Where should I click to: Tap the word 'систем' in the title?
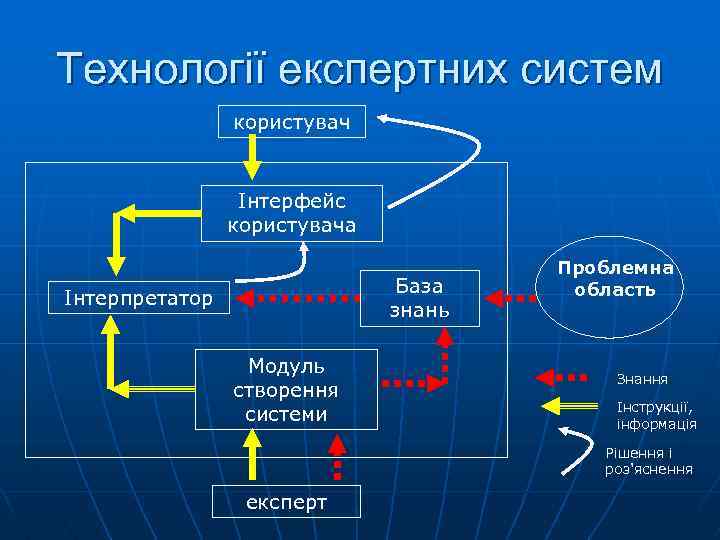(587, 70)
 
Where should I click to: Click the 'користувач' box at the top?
(292, 123)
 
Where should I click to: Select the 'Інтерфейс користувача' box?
(292, 212)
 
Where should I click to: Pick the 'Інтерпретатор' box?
(139, 297)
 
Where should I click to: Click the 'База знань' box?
(419, 297)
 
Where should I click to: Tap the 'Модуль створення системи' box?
(286, 388)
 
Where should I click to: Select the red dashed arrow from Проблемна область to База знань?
(511, 298)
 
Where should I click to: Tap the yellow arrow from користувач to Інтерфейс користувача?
(252, 155)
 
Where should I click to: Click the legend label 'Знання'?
(642, 379)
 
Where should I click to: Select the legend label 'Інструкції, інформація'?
(656, 416)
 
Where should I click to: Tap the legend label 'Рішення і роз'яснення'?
(649, 460)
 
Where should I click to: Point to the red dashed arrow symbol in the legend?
(562, 378)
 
